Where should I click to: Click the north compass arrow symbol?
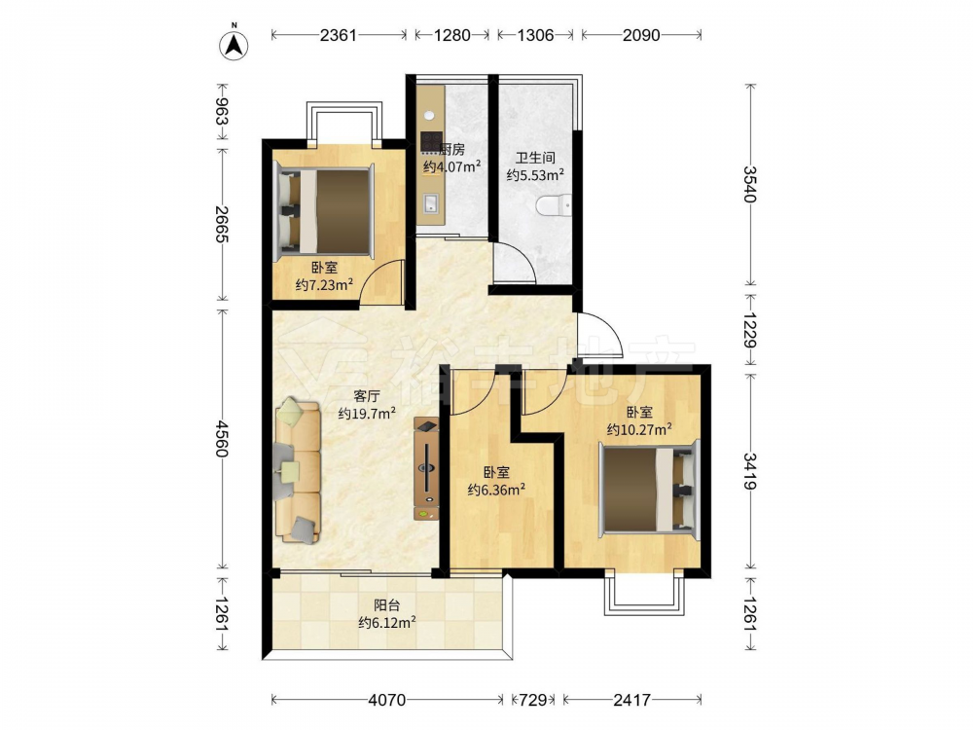tap(234, 45)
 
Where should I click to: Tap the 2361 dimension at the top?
tap(339, 35)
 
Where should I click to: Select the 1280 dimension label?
tap(451, 35)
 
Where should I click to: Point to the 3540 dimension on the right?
tap(750, 184)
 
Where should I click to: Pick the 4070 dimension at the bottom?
tap(386, 700)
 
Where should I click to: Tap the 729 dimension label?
tap(532, 700)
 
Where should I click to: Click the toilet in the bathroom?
tap(554, 205)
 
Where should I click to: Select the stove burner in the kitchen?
tap(431, 141)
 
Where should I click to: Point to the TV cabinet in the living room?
tap(427, 469)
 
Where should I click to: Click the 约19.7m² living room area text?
tap(368, 414)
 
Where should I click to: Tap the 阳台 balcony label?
tap(386, 605)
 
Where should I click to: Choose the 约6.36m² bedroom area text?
tap(496, 491)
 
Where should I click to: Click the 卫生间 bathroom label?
tap(535, 159)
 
